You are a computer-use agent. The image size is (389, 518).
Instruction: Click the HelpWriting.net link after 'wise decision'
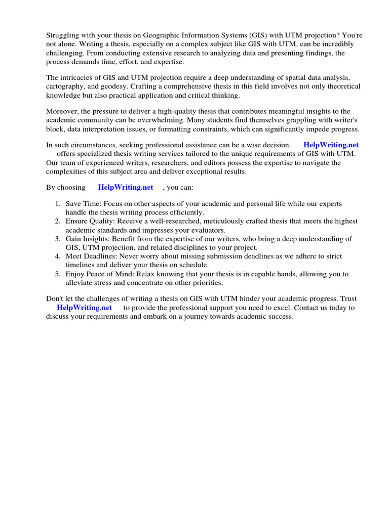coord(331,145)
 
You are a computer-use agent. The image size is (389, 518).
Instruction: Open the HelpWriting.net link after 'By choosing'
coord(126,187)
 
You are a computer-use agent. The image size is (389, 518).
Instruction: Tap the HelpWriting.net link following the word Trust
coord(84,308)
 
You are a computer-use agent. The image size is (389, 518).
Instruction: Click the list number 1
coord(57,204)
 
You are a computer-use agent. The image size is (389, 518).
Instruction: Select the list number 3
coord(57,239)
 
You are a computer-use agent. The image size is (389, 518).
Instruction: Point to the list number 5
coord(57,274)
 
